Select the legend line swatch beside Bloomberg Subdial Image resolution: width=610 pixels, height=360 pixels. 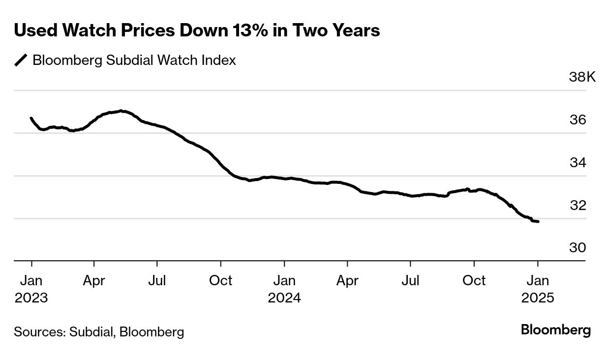[21, 60]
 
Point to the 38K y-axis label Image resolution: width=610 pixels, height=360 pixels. [582, 77]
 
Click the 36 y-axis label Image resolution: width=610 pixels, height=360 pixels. [578, 120]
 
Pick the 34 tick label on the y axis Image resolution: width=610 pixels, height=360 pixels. [578, 163]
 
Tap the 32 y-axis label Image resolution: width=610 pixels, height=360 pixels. [578, 205]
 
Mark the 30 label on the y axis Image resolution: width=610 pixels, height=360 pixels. [578, 248]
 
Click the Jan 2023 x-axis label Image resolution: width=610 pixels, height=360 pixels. [31, 289]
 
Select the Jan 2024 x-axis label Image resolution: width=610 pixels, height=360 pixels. [284, 289]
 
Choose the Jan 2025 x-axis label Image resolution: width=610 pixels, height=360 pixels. [538, 289]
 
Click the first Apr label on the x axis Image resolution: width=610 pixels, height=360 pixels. [94, 281]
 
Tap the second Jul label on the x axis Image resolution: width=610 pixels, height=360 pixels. [410, 281]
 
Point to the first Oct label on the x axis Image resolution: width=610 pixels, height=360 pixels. [220, 281]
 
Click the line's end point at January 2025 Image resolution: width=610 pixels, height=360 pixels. [538, 222]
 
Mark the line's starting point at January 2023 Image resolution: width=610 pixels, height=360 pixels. [31, 118]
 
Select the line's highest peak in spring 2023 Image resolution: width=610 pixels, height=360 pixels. [122, 111]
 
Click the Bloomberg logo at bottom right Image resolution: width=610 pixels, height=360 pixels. [555, 330]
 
